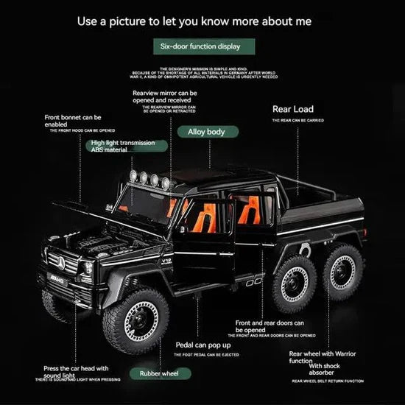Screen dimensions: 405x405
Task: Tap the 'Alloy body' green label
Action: click(205, 132)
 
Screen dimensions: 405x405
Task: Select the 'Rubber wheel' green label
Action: click(160, 373)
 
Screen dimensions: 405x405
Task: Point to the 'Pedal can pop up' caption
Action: click(203, 345)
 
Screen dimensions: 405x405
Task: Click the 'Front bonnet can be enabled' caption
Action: click(73, 121)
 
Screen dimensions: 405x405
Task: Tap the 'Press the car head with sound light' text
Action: click(76, 372)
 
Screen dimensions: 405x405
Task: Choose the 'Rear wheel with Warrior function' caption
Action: click(322, 357)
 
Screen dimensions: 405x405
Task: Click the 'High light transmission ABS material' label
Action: click(124, 145)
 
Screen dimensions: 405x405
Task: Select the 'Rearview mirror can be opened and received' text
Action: click(164, 97)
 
